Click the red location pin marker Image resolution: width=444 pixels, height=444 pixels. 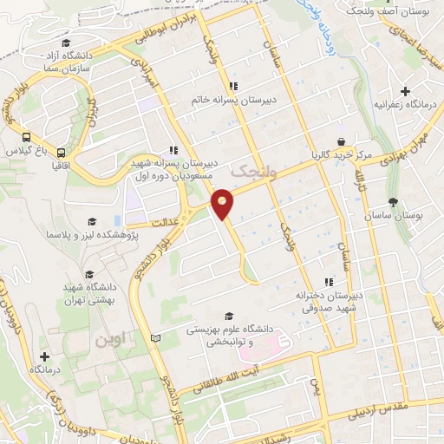pos(223,202)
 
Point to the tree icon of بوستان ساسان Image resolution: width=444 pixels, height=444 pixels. pos(394,202)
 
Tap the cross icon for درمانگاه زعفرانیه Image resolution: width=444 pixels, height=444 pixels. pos(404,91)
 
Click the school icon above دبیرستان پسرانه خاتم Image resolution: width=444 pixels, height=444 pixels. pos(232,86)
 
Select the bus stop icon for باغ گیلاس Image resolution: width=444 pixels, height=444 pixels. pos(27,137)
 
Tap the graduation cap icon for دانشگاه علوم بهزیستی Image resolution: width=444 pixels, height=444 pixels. pos(229,316)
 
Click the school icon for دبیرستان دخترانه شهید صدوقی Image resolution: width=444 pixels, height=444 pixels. pos(328,282)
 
